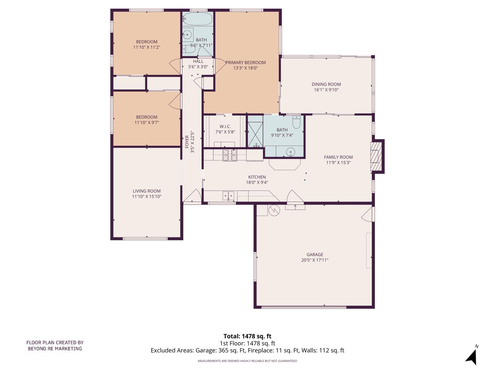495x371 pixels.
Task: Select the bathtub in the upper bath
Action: (197, 19)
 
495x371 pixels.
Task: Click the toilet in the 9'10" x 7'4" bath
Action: (296, 122)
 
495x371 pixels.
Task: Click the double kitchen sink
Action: (228, 195)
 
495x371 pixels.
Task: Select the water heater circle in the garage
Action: (274, 210)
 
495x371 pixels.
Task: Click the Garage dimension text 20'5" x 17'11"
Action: (314, 260)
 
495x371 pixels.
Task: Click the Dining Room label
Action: (326, 84)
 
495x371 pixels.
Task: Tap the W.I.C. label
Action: (225, 126)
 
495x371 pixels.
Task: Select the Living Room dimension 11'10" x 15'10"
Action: (146, 197)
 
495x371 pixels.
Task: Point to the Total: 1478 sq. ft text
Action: (247, 336)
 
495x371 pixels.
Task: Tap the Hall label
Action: (198, 61)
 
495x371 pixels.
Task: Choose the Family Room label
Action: (338, 157)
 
